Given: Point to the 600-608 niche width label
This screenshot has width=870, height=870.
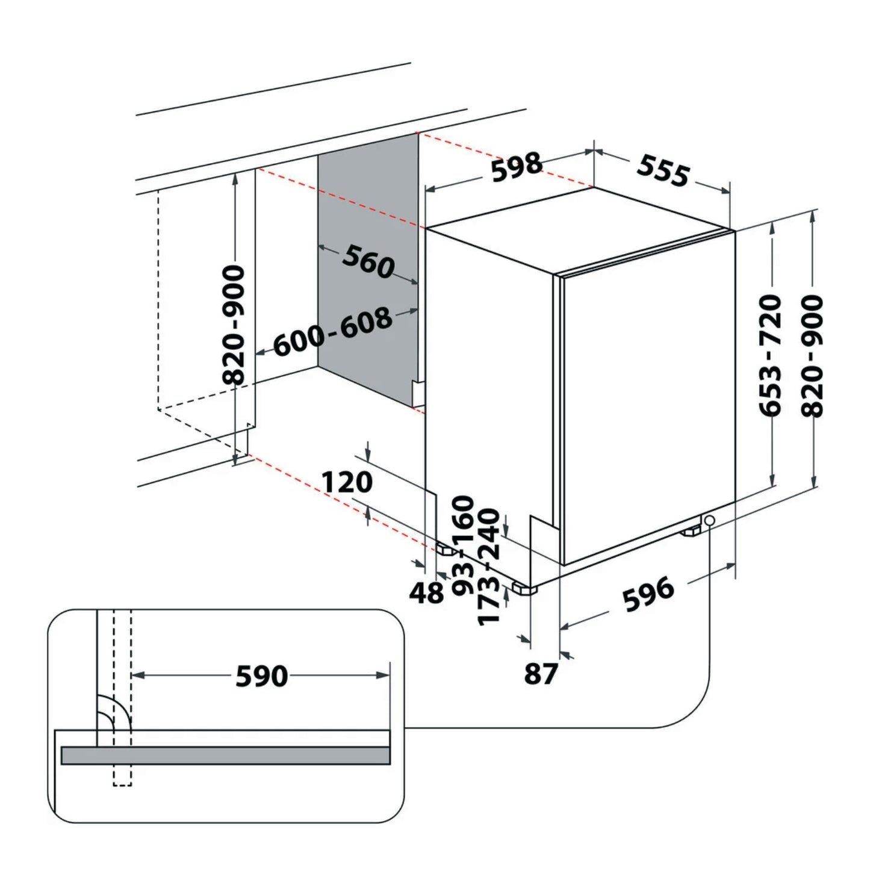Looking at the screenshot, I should coord(333,332).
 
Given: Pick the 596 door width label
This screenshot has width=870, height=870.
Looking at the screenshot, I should coord(648,594).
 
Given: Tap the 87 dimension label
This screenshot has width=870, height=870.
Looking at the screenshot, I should coord(541,674).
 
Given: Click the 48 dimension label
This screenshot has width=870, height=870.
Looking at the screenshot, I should coord(426,593).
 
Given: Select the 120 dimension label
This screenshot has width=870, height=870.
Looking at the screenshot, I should coord(347,482).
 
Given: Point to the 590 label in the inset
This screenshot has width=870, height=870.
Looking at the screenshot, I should coord(261,676).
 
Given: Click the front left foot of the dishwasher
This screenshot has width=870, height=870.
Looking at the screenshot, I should coord(523,588).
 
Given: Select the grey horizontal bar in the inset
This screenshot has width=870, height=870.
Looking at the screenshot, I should coord(225,755).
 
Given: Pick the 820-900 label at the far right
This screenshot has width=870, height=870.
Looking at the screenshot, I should coord(812,355).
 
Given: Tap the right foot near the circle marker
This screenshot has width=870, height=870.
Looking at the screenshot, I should coord(691,531).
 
